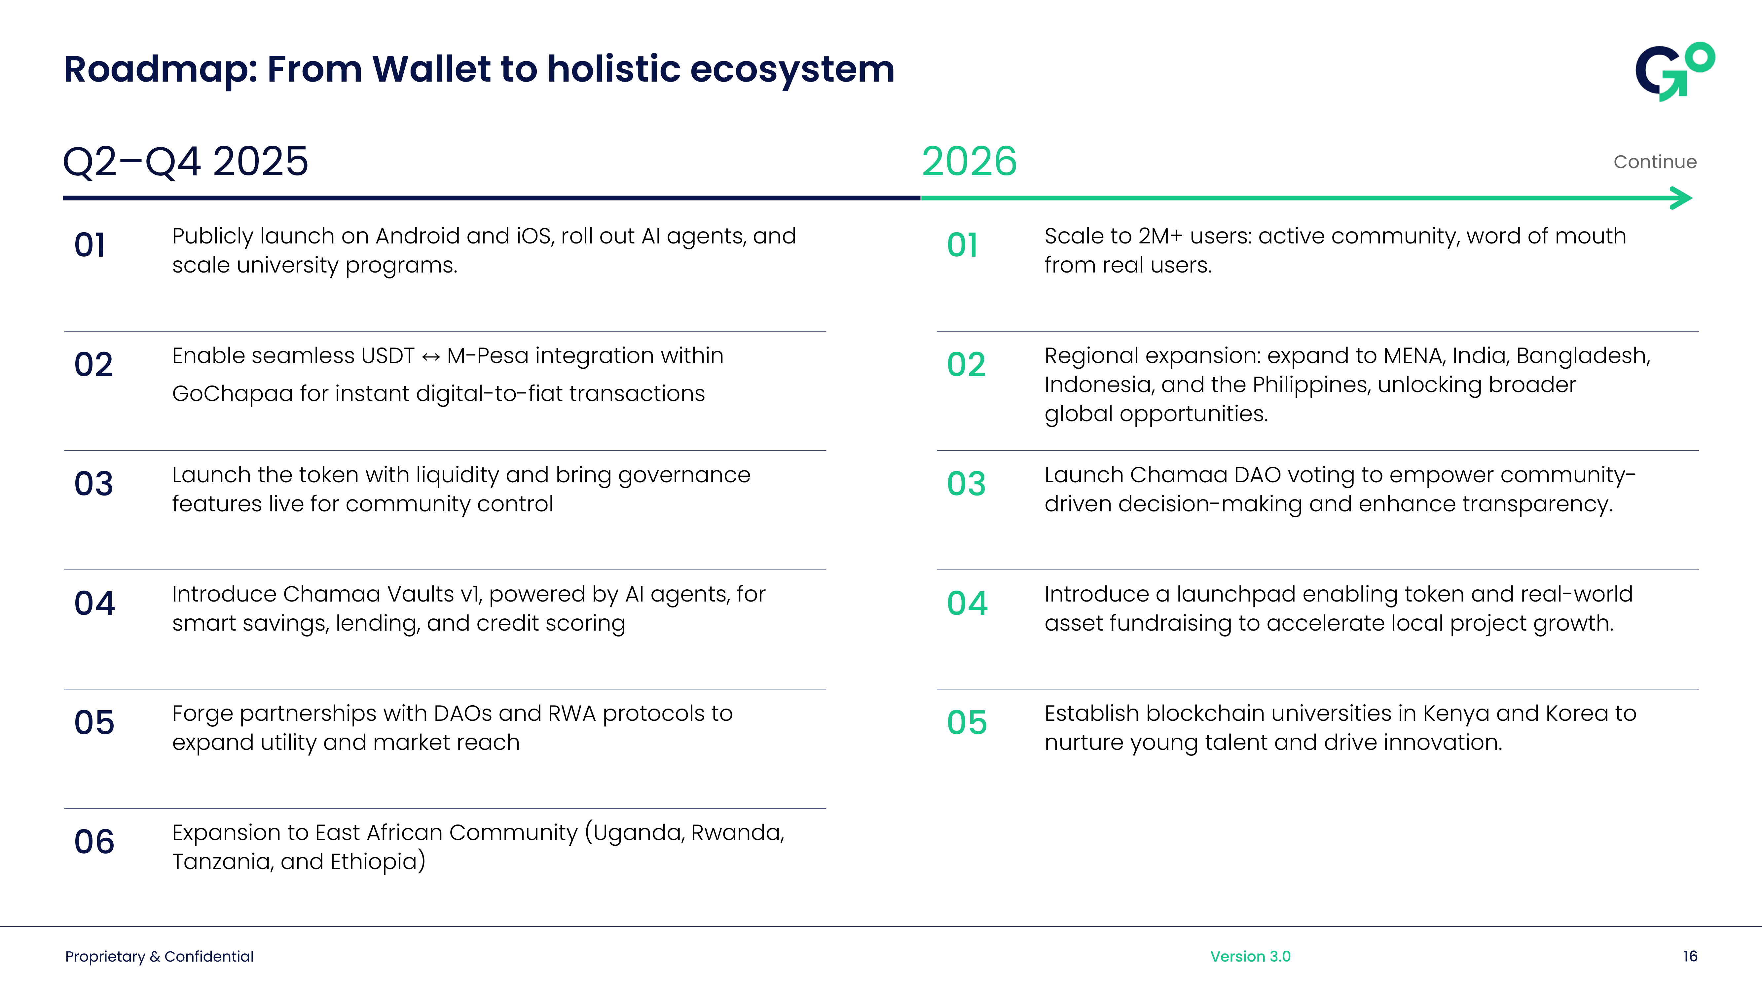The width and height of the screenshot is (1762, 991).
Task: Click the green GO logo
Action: coord(1674,72)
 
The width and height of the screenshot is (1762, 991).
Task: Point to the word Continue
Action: coord(1655,162)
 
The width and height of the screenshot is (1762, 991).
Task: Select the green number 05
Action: coord(967,723)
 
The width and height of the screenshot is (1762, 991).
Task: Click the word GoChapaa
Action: coord(233,394)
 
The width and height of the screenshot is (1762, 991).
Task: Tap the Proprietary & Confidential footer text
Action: coord(159,956)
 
